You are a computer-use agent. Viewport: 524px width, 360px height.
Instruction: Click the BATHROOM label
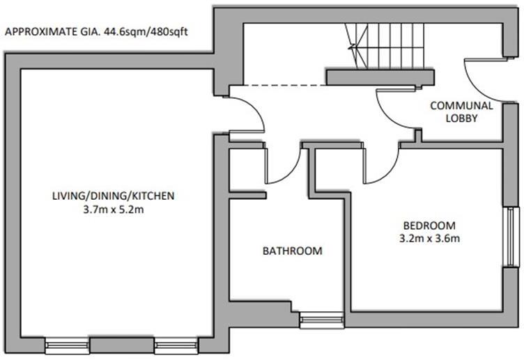tap(292, 251)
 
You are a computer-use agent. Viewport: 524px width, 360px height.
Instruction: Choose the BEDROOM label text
tap(429, 226)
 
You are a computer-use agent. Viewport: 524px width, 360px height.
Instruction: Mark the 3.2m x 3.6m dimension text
tap(429, 238)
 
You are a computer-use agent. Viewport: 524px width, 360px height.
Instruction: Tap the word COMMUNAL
tap(461, 106)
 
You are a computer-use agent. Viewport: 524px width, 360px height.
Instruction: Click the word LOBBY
tap(461, 118)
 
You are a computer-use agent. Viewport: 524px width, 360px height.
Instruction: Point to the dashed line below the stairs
tap(279, 86)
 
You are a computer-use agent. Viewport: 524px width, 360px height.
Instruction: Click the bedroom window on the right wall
tap(512, 236)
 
